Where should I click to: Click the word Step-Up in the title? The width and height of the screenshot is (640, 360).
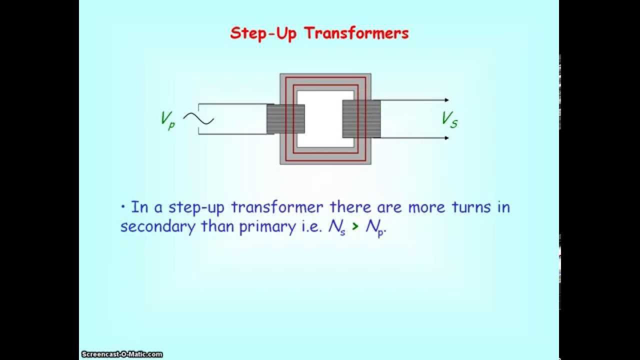coord(262,33)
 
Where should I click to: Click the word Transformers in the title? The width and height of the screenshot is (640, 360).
coord(356,33)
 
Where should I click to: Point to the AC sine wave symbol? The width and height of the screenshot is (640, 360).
coord(198,119)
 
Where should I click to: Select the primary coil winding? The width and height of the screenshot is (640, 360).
coord(285,119)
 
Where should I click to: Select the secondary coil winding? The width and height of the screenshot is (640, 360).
coord(361,119)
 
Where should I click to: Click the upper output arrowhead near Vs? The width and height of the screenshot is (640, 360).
coord(446,100)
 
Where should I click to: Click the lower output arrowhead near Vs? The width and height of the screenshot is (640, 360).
coord(446,137)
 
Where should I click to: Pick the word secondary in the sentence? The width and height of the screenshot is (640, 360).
coord(157,226)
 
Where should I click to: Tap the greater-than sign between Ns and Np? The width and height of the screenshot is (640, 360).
coord(355,227)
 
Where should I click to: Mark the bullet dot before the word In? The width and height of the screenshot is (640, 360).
coord(122,206)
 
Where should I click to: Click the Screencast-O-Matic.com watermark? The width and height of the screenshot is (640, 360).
coord(121,354)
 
